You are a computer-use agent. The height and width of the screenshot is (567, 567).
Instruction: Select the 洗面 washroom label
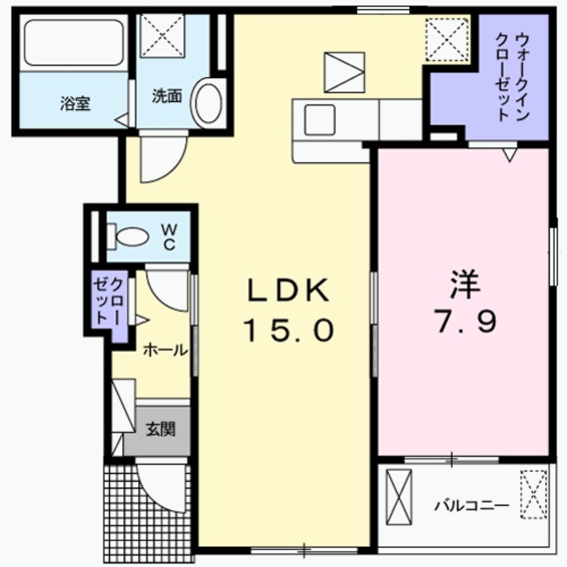166,96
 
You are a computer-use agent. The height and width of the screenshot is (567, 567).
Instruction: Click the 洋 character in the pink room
462,285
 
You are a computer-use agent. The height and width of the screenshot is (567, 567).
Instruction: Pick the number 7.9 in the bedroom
462,321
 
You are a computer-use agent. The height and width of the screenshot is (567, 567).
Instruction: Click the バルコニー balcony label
470,506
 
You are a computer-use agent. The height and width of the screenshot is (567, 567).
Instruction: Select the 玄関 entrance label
160,431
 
